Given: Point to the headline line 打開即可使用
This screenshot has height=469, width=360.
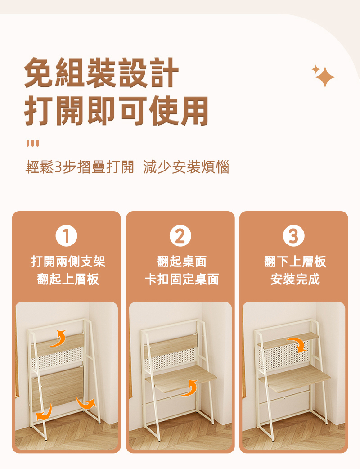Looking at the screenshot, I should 117,110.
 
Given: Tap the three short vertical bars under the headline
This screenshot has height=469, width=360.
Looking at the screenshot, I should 32,143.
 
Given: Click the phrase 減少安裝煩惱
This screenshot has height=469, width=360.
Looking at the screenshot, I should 186,168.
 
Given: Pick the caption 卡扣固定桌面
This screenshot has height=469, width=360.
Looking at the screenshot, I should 181,280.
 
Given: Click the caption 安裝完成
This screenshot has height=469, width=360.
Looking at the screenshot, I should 295,280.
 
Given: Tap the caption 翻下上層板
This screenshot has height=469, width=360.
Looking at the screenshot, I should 295,261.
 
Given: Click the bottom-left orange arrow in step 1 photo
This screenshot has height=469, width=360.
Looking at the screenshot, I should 44,413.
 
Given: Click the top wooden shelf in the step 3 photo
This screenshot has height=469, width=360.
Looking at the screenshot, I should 288,341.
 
